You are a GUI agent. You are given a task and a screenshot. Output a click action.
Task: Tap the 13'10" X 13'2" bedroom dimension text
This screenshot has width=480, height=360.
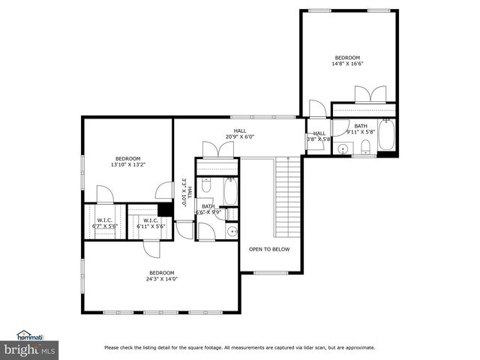pyautogui.click(x=127, y=164)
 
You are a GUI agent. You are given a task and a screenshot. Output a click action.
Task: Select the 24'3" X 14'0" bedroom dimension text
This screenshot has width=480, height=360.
pyautogui.click(x=161, y=279)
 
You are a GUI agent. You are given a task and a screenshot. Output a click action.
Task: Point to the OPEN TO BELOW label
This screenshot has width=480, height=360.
pyautogui.click(x=269, y=249)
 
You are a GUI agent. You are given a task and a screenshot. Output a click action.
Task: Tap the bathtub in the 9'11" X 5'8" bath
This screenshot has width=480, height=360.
pyautogui.click(x=386, y=137)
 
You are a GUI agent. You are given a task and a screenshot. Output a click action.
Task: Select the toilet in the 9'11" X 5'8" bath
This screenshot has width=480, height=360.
pyautogui.click(x=366, y=146)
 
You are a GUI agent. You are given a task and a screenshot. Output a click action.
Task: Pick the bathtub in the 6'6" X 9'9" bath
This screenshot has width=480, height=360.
pyautogui.click(x=230, y=191)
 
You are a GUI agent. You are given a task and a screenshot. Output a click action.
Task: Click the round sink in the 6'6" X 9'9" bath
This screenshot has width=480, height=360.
pyautogui.click(x=232, y=231)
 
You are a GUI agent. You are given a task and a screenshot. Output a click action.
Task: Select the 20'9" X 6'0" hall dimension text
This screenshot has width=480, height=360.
pyautogui.click(x=240, y=137)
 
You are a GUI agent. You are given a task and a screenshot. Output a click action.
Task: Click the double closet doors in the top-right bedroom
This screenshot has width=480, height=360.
pyautogui.click(x=370, y=94)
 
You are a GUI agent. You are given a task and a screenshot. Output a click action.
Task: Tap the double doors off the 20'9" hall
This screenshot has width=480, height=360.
pyautogui.click(x=217, y=149)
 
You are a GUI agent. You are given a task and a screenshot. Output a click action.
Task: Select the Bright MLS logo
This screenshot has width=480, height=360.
pyautogui.click(x=30, y=349)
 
